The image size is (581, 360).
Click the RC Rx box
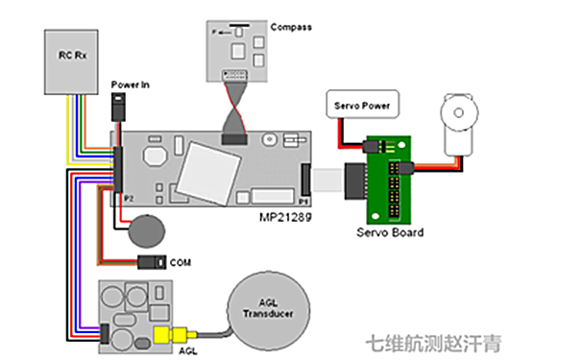72,60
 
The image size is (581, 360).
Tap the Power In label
132,84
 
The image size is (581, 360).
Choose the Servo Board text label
389,232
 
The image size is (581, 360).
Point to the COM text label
180,261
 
